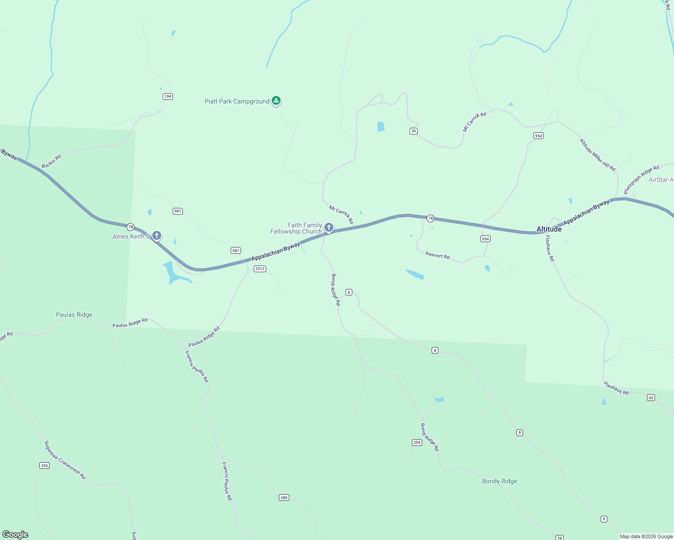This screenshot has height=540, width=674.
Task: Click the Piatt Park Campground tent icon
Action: click(276, 101)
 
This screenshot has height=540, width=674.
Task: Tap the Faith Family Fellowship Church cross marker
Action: click(329, 228)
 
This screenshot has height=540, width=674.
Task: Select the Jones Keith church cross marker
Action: click(156, 235)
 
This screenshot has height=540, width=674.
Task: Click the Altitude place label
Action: click(549, 229)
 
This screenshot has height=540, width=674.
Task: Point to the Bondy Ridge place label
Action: click(499, 481)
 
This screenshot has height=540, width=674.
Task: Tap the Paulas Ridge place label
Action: click(74, 315)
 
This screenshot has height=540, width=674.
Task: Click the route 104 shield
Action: click(168, 96)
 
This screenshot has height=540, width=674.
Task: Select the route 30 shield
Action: click(413, 131)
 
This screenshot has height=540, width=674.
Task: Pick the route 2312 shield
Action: click(260, 269)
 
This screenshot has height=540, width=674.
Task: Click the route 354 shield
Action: click(417, 442)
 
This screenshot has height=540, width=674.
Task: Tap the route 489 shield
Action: click(284, 497)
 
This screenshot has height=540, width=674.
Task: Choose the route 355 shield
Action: click(44, 465)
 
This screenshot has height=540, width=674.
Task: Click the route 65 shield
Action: click(651, 397)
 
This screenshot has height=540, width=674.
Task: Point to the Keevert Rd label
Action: click(437, 256)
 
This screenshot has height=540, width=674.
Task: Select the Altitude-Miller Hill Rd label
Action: click(597, 155)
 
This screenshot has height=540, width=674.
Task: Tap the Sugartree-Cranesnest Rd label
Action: click(65, 459)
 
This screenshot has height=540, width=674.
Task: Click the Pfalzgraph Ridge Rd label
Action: click(641, 180)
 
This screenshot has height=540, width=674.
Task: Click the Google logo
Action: click(15, 534)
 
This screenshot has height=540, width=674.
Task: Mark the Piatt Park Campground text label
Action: click(237, 101)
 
